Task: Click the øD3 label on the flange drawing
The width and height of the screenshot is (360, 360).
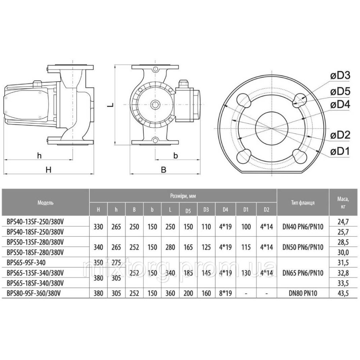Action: pos(340,76)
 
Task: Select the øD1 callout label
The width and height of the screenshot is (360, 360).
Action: pos(340,151)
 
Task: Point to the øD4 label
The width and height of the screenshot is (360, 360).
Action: pos(340,105)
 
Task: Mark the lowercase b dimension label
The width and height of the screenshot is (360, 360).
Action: pos(176,156)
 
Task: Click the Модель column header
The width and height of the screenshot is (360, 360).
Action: pos(46,203)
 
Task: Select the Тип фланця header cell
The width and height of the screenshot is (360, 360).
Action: pos(303,203)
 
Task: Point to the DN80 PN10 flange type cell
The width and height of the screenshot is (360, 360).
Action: pos(303,293)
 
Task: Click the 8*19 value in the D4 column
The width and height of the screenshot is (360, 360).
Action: pos(225,293)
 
